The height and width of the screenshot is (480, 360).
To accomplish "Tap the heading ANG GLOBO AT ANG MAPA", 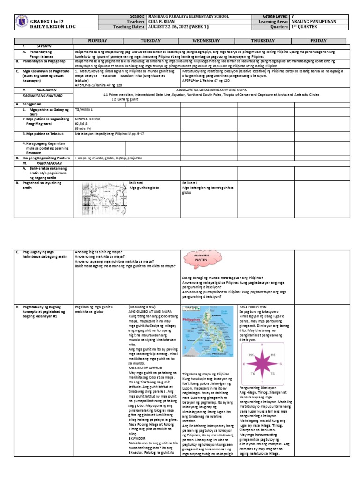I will [x=145, y=311].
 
